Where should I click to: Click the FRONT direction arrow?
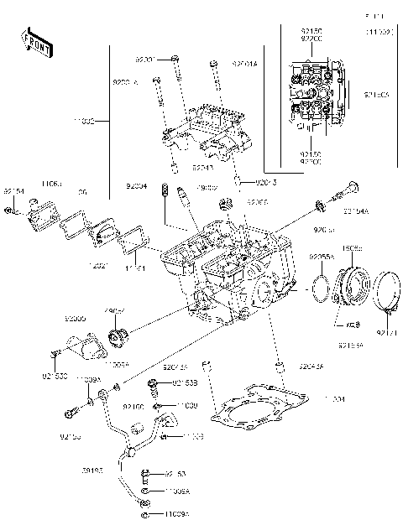coord(36,42)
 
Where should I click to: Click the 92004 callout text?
coord(137,186)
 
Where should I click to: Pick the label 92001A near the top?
coord(244,62)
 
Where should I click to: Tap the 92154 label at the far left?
coord(14,191)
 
